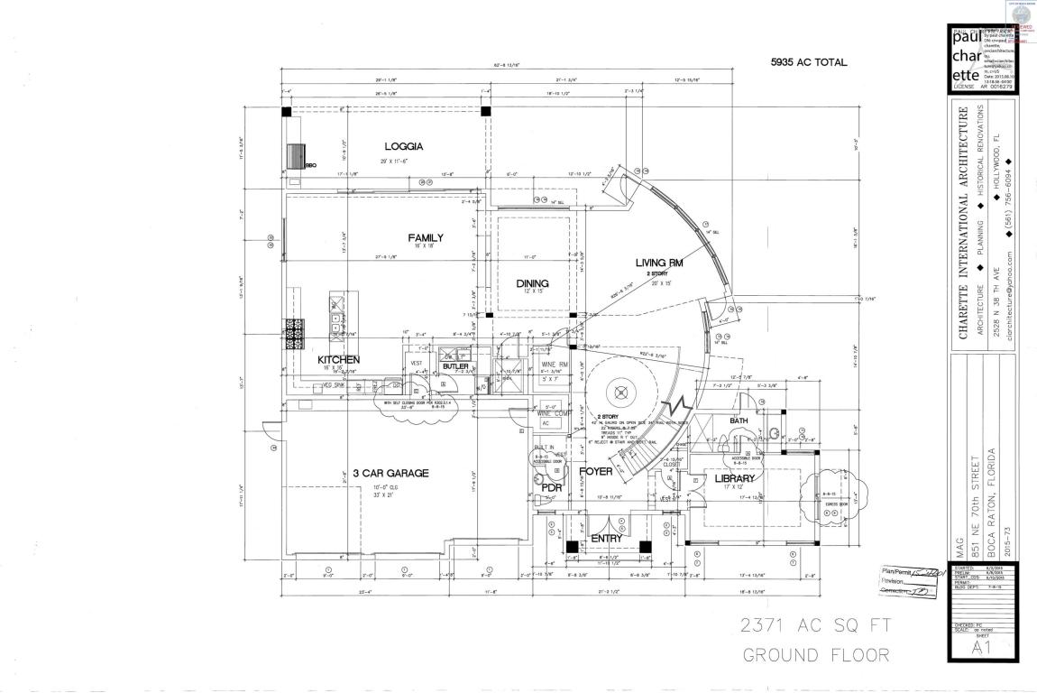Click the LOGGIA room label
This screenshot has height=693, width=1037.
[x=404, y=145]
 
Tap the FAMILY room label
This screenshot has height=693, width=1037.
[x=426, y=237]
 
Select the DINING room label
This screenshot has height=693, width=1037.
[x=532, y=282]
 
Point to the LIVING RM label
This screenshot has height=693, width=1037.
[x=662, y=263]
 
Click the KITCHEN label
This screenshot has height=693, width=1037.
[x=338, y=360]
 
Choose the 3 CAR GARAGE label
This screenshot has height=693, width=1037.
[x=390, y=473]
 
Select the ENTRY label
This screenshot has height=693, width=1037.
[x=606, y=539]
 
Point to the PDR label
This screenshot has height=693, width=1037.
[x=550, y=487]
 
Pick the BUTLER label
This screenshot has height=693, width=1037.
[x=455, y=366]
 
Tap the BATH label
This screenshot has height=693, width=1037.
[x=739, y=420]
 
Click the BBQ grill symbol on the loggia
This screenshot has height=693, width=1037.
[x=297, y=155]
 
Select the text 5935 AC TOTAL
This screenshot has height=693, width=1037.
[x=809, y=62]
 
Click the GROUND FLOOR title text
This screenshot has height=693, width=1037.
[x=815, y=654]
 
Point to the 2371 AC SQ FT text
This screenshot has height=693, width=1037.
[x=815, y=624]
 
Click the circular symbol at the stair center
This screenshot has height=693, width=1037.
[x=620, y=391]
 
